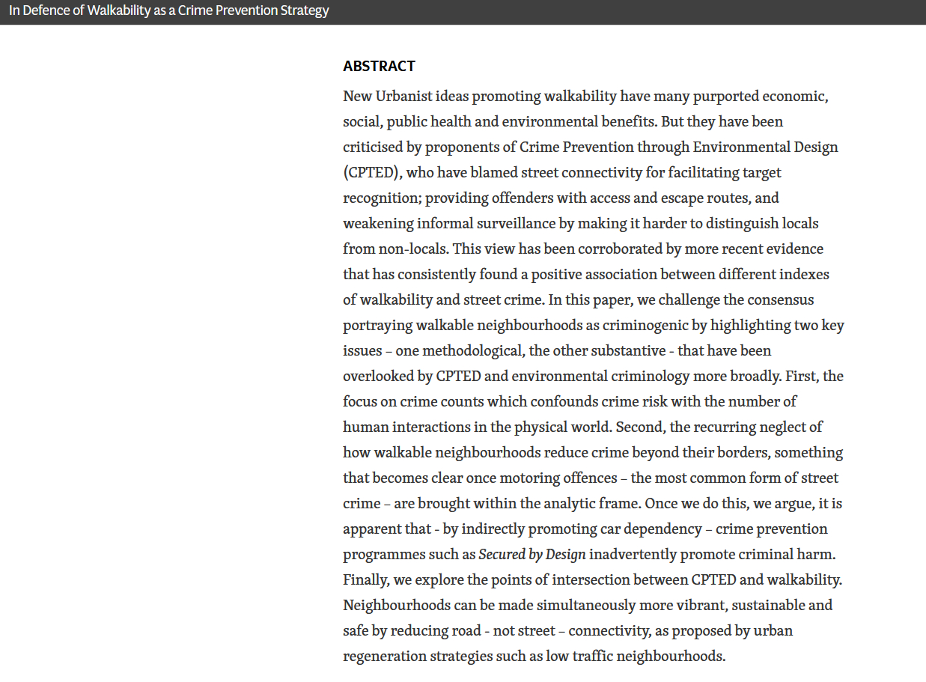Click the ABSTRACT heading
click(x=379, y=67)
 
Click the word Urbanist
click(x=419, y=96)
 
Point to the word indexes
click(x=804, y=274)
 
